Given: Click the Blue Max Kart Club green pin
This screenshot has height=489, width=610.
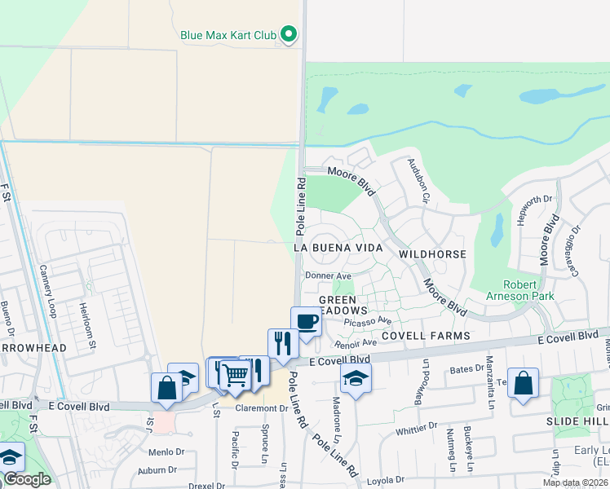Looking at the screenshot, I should (288, 35).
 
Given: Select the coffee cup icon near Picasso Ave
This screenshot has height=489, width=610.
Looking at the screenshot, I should (306, 322).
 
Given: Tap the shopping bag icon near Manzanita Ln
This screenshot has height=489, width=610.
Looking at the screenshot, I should (523, 382).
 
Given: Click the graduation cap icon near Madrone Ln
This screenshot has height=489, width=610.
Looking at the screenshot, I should (356, 378).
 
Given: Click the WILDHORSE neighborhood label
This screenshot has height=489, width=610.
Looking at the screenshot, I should (432, 254).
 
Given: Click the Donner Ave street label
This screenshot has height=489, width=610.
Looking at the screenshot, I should (328, 276).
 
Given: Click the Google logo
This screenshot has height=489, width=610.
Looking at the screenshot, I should (27, 479).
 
